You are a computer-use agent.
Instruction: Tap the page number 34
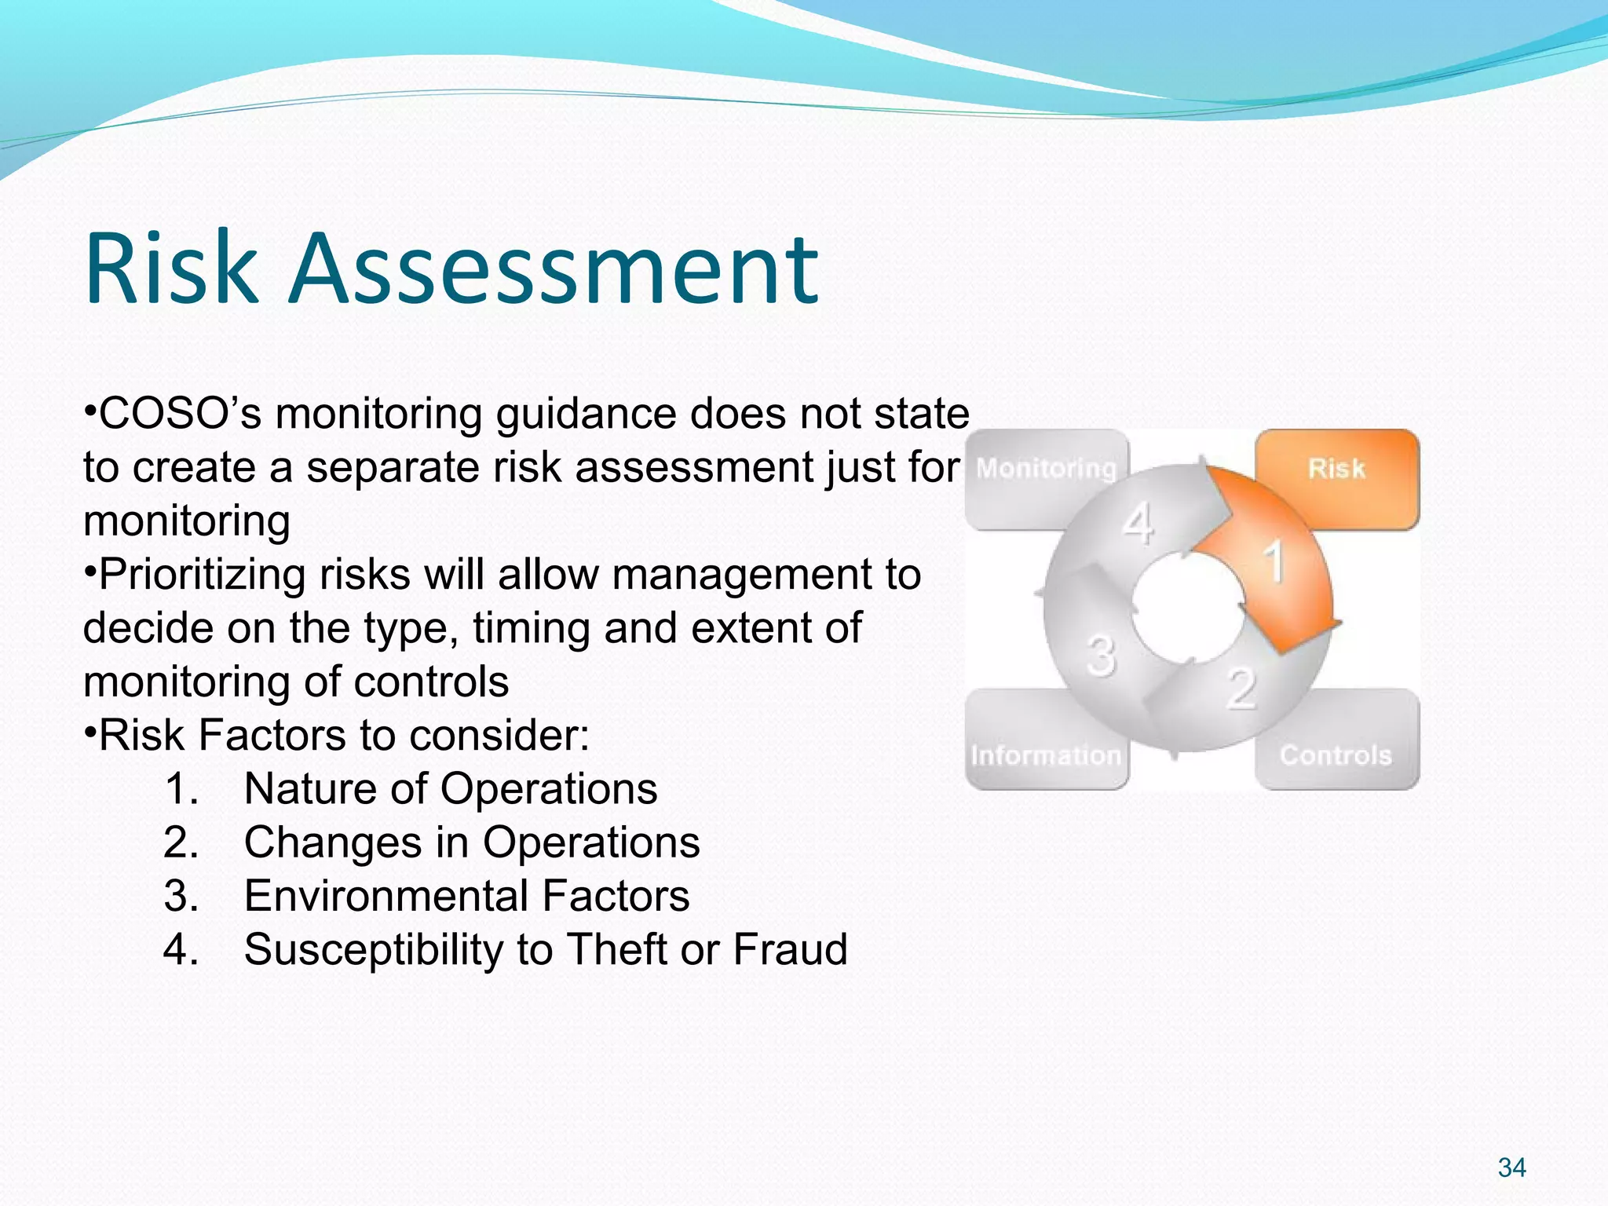point(1511,1168)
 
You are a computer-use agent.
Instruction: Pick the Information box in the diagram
point(1045,755)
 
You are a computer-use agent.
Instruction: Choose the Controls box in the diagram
point(1336,755)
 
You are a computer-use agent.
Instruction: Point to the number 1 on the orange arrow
point(1274,561)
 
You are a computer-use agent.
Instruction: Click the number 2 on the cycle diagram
point(1241,688)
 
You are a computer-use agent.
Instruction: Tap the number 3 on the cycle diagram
point(1101,655)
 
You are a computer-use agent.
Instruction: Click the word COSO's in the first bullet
point(181,414)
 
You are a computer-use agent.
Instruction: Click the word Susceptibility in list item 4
point(373,949)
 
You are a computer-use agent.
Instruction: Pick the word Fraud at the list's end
point(790,949)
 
